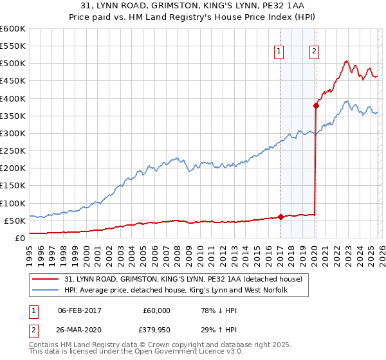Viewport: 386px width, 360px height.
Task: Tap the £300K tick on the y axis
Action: click(13, 133)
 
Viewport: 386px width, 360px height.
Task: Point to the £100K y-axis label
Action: click(13, 203)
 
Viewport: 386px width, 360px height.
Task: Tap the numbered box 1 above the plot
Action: click(280, 53)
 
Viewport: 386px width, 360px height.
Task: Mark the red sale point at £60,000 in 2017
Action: click(280, 217)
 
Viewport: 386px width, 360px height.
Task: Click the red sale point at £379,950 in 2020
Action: click(316, 105)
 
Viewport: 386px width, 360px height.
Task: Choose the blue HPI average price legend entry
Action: click(176, 290)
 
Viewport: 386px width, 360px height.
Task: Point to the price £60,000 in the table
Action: click(156, 310)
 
